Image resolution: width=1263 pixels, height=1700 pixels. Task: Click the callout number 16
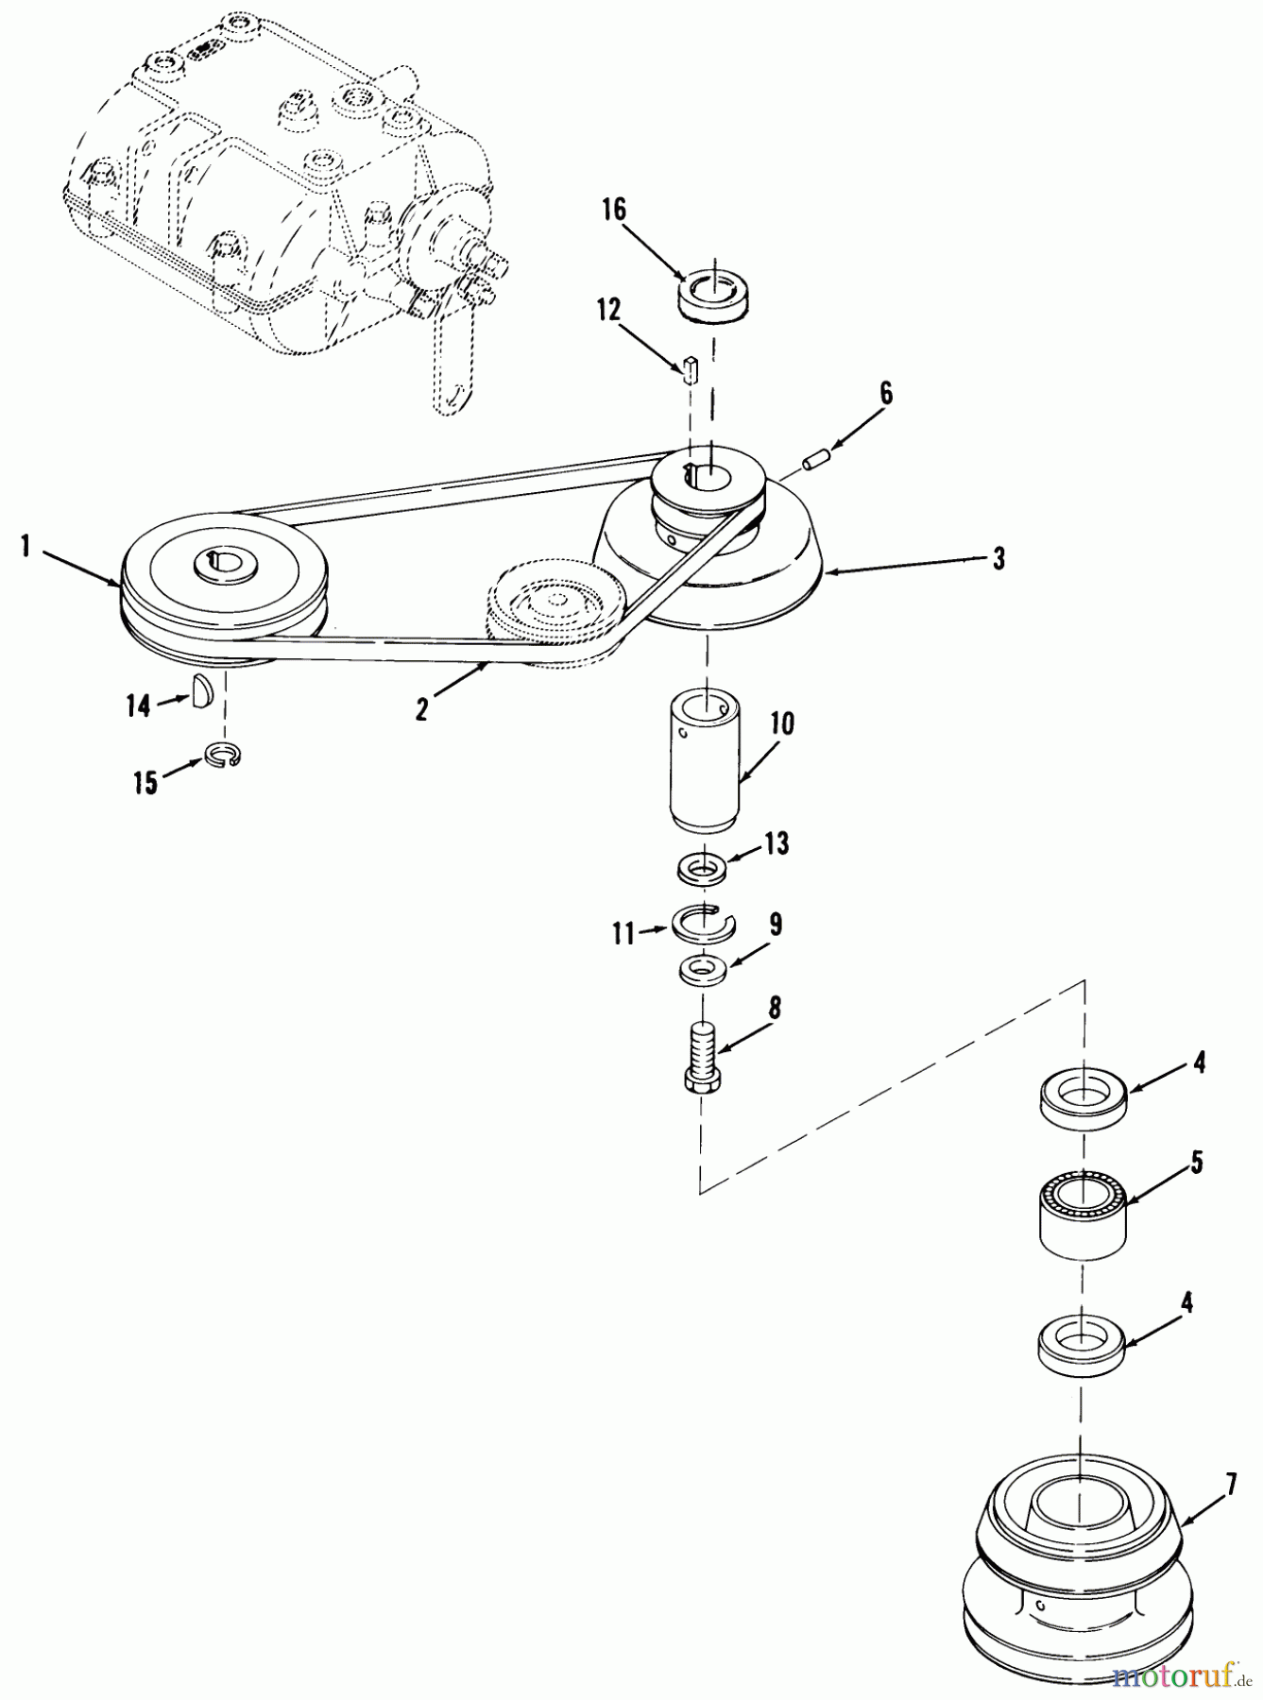[x=614, y=209]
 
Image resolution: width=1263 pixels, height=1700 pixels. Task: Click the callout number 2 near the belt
[x=421, y=709]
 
